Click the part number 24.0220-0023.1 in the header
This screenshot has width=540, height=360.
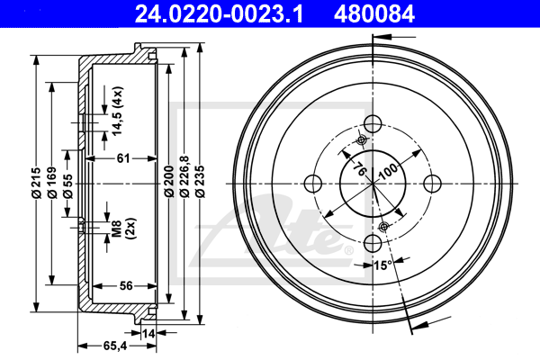click(x=219, y=14)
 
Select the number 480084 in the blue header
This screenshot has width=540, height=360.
click(x=374, y=14)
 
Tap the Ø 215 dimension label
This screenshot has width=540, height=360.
click(x=36, y=183)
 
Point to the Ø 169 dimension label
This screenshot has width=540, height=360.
click(x=52, y=183)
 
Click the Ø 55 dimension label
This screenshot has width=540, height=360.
click(x=67, y=186)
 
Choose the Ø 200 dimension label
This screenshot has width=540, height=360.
click(x=169, y=181)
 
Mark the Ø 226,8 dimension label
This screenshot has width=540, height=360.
click(x=184, y=176)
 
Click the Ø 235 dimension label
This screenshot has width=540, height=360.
click(x=200, y=181)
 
